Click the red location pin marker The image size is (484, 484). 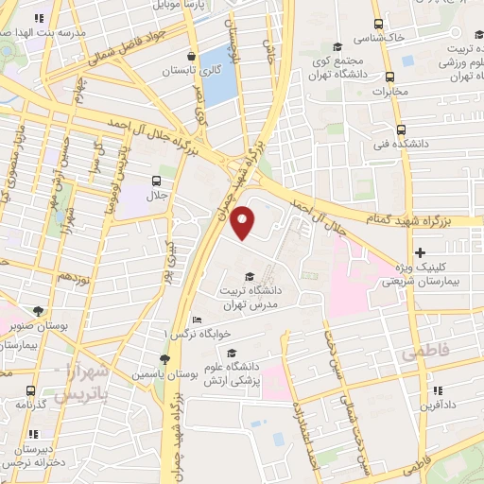point(243,223)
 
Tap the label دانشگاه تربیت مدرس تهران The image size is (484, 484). point(250,296)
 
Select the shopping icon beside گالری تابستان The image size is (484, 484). point(192,55)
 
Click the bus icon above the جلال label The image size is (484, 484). point(158,181)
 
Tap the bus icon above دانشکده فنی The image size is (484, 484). point(402,130)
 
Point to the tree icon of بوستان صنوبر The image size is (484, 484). point(38,311)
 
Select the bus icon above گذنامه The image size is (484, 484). point(29,389)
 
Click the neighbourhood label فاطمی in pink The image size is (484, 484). point(421,352)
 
